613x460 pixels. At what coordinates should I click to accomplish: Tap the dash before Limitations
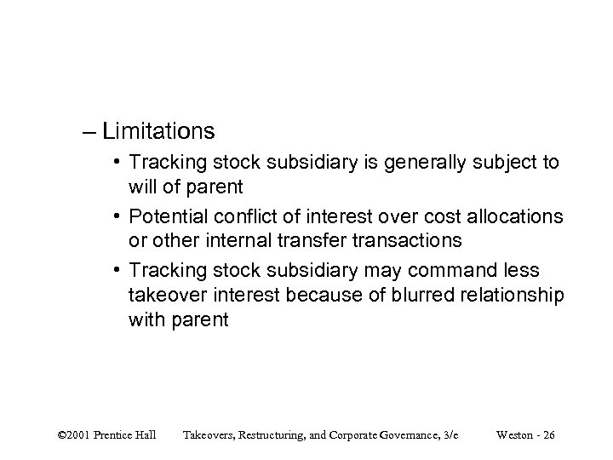[x=106, y=132]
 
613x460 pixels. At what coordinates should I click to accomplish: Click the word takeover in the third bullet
[x=164, y=294]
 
